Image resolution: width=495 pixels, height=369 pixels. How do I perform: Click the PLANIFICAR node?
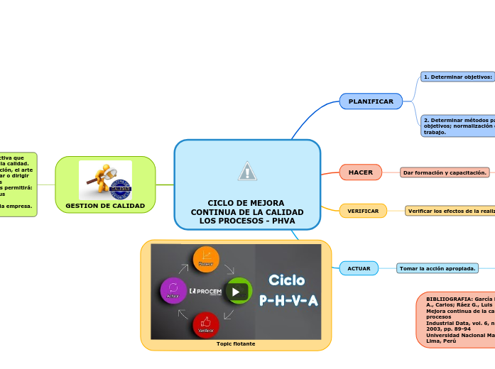click(x=371, y=101)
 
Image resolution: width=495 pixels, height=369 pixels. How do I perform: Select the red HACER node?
click(x=361, y=172)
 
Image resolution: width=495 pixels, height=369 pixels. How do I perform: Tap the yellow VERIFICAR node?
click(x=363, y=211)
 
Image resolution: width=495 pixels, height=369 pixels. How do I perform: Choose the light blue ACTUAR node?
click(x=359, y=268)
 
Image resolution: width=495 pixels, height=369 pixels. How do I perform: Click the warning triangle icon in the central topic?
click(x=247, y=171)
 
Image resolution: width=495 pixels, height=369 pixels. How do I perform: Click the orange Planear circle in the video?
click(x=206, y=259)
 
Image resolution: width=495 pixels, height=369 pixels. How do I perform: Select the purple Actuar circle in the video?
click(x=173, y=290)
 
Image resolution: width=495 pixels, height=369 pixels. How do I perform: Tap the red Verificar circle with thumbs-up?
click(x=206, y=324)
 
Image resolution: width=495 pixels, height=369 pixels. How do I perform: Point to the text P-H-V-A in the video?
click(x=288, y=301)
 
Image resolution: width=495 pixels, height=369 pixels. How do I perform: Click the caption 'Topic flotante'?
click(x=236, y=343)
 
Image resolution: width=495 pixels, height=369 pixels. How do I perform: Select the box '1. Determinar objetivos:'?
click(x=457, y=77)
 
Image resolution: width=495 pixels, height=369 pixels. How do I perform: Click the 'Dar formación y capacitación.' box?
click(x=445, y=172)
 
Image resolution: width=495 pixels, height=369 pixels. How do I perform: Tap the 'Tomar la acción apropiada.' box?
click(x=437, y=268)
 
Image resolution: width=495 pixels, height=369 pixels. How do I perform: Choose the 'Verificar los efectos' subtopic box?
click(x=450, y=211)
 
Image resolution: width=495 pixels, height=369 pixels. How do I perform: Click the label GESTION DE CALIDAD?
click(x=105, y=206)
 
